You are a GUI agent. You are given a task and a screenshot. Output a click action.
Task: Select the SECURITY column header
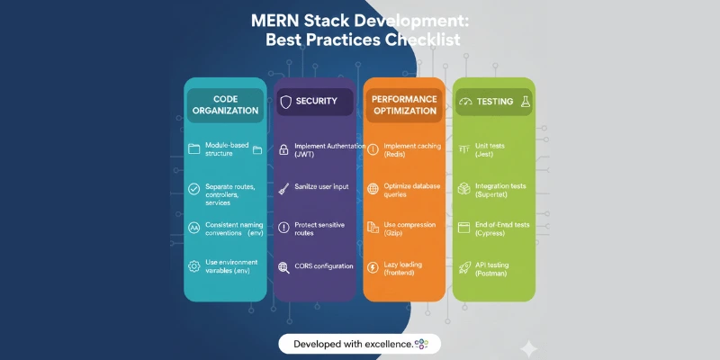pyautogui.click(x=316, y=102)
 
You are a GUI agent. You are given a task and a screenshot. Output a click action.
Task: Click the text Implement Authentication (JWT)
pyautogui.click(x=329, y=149)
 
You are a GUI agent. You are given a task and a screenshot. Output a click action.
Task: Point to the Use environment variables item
pyautogui.click(x=232, y=266)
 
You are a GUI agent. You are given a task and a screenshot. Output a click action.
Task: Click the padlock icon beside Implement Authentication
pyautogui.click(x=283, y=149)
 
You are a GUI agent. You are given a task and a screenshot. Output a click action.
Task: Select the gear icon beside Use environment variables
pyautogui.click(x=193, y=266)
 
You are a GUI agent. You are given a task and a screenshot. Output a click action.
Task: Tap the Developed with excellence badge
pyautogui.click(x=358, y=343)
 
